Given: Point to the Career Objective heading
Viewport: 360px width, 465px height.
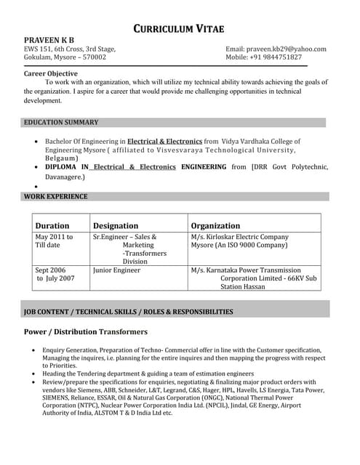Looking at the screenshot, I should (51, 73).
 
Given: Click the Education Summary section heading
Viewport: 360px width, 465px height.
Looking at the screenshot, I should (61, 122).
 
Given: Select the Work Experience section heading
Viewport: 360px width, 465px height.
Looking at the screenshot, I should (56, 196).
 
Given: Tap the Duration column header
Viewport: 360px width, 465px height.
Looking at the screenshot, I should (52, 225).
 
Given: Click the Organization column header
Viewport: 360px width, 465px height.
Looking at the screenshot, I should (215, 225).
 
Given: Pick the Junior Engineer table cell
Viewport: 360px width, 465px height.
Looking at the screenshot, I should (116, 270).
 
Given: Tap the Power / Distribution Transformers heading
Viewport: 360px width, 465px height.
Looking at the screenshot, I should (86, 331).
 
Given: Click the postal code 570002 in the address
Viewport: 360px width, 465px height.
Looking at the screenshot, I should (95, 57).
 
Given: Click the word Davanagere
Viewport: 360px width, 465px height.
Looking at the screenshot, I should (65, 177).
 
